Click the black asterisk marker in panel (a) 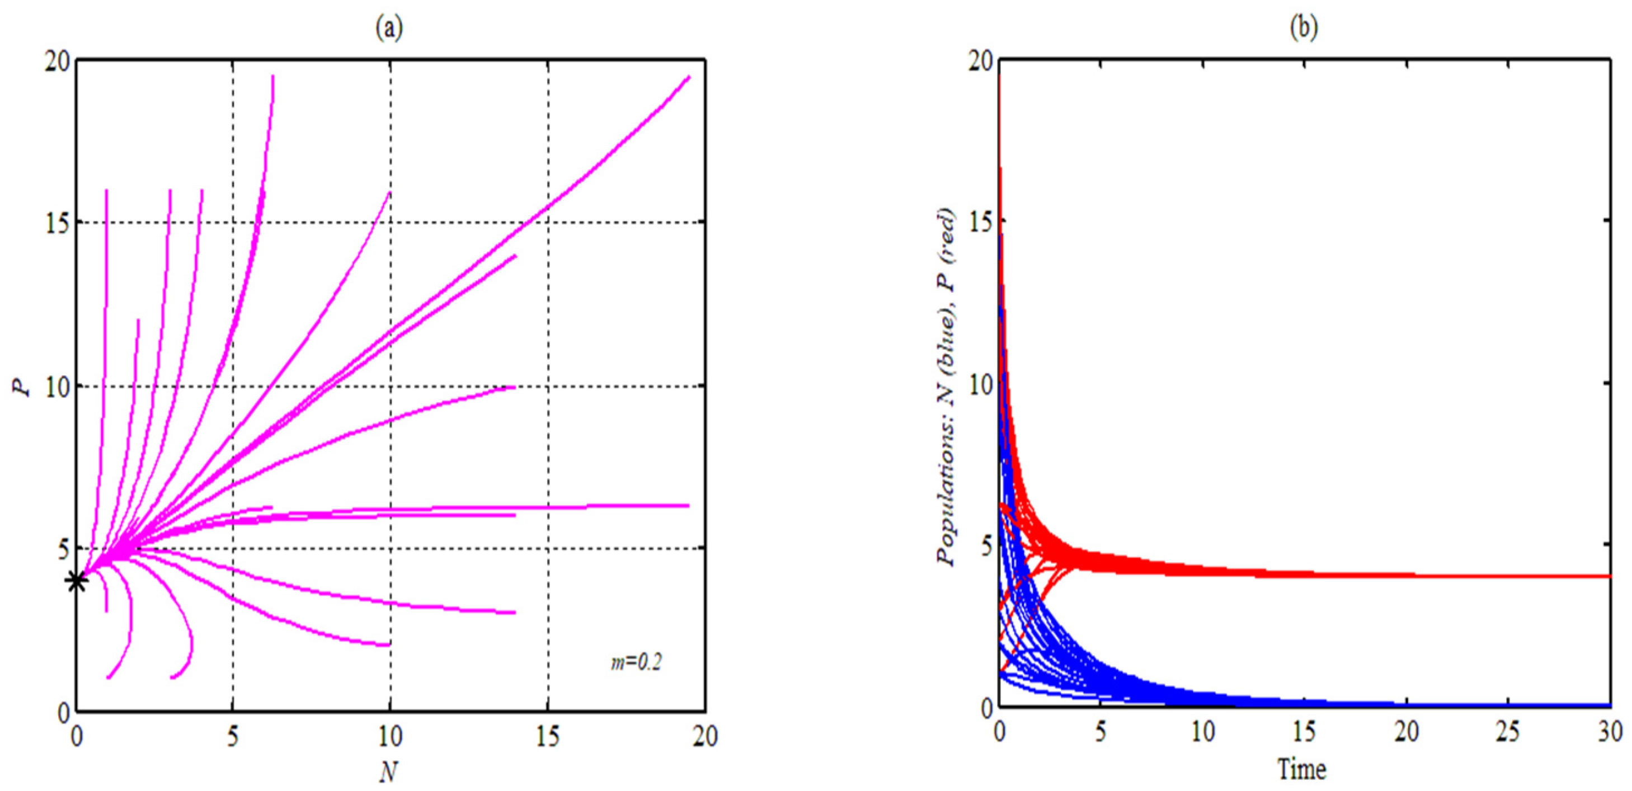(77, 581)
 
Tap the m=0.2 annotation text (636, 663)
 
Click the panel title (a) (389, 28)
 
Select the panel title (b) (1303, 28)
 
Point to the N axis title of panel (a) (389, 771)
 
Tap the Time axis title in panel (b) (1302, 770)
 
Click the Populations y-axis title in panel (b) (947, 387)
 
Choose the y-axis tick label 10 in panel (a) (57, 387)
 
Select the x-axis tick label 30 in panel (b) (1609, 733)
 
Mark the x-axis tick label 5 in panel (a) (233, 737)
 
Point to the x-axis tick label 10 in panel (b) (1202, 733)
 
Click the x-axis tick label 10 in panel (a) (389, 737)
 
